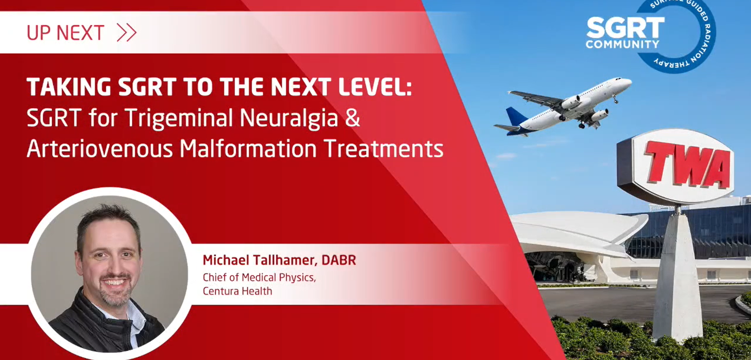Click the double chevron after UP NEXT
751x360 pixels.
127,32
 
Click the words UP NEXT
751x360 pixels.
65,33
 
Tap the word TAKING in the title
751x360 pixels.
69,87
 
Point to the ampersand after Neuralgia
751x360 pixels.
352,117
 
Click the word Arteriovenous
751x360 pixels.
100,149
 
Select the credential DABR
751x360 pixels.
338,260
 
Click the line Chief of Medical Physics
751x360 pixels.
259,277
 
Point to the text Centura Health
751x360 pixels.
237,291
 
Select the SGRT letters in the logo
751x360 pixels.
626,28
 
